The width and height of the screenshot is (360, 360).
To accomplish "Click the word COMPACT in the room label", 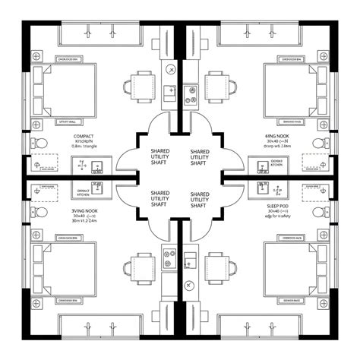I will pos(83,136).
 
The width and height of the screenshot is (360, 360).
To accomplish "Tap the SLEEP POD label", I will pos(276,204).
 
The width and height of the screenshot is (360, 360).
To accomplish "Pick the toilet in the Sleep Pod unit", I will pos(317,211).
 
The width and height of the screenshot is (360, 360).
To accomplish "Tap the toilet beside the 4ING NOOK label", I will pos(317,144).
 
